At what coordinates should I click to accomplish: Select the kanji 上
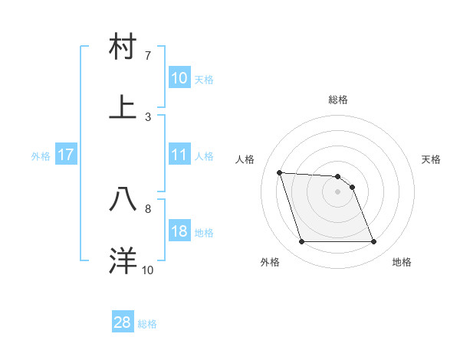123,107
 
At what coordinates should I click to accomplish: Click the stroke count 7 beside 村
148,56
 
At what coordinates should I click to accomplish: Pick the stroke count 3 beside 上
148,116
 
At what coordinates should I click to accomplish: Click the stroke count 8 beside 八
148,208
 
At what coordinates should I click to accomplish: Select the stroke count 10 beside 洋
147,270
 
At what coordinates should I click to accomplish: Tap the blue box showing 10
179,78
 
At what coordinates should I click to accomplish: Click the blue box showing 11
179,155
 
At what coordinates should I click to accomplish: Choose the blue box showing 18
179,231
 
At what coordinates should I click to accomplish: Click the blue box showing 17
66,155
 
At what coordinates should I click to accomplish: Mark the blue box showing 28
122,322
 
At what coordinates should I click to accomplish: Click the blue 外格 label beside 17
41,155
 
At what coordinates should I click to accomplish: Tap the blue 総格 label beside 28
147,324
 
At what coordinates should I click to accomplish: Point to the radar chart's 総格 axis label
337,100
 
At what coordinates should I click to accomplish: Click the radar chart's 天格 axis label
431,159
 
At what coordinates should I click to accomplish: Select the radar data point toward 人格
280,172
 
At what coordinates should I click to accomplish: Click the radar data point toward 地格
373,242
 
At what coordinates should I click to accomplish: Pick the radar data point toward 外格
301,242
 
